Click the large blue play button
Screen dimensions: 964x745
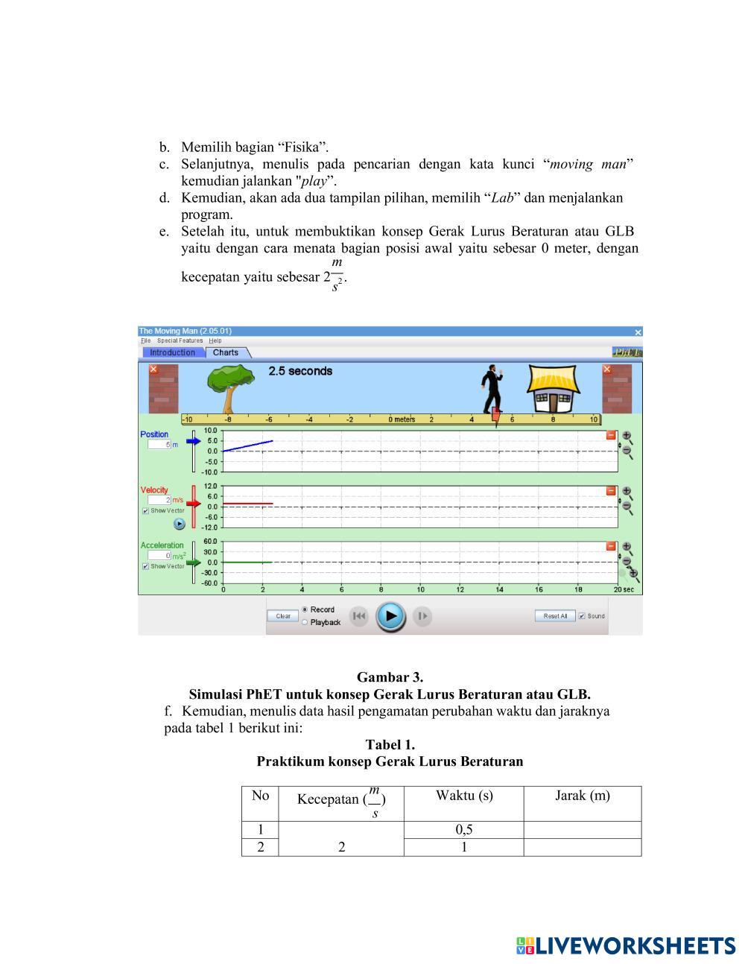pyautogui.click(x=390, y=616)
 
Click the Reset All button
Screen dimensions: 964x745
pyautogui.click(x=555, y=616)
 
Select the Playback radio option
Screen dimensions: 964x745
pyautogui.click(x=305, y=623)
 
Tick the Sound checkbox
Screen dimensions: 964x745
pyautogui.click(x=582, y=616)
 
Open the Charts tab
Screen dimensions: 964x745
pyautogui.click(x=226, y=352)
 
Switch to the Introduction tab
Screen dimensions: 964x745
pyautogui.click(x=172, y=352)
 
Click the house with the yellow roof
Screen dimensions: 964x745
pyautogui.click(x=552, y=389)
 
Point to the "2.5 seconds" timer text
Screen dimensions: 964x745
pyautogui.click(x=300, y=371)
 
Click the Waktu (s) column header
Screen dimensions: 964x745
pyautogui.click(x=464, y=796)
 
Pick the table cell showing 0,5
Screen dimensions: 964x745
pyautogui.click(x=464, y=830)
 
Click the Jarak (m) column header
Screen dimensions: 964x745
pyautogui.click(x=583, y=796)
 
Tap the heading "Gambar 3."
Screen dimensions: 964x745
pyautogui.click(x=390, y=677)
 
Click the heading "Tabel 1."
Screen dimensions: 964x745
pyautogui.click(x=390, y=744)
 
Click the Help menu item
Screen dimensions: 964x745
pyautogui.click(x=215, y=340)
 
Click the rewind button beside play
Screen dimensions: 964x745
pyautogui.click(x=359, y=616)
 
